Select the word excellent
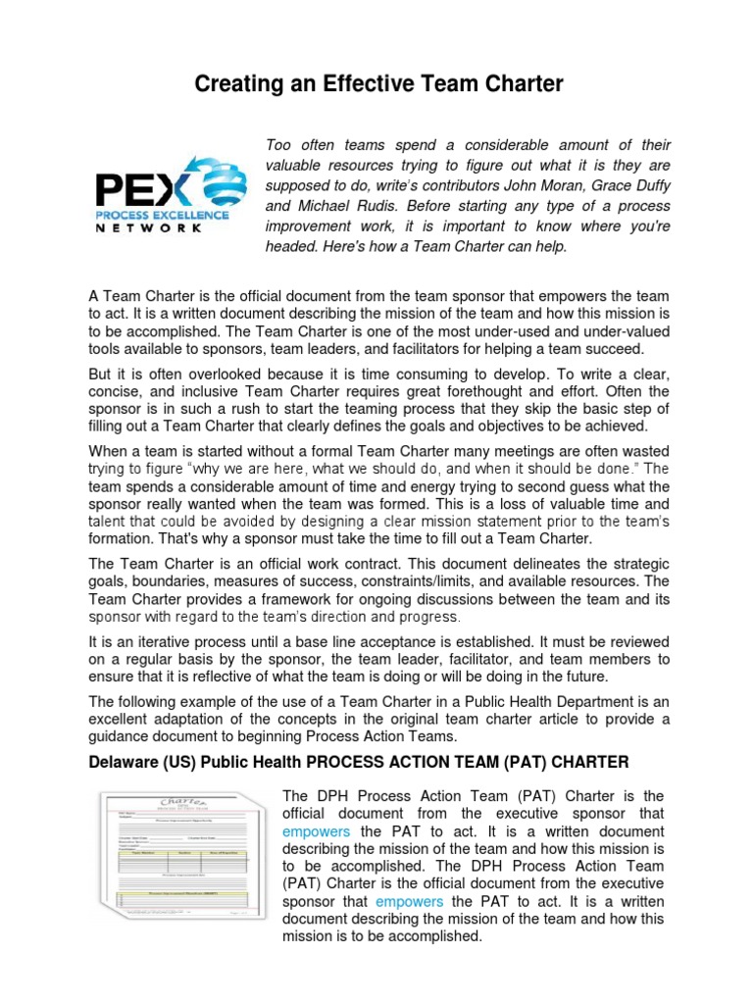[x=121, y=720]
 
